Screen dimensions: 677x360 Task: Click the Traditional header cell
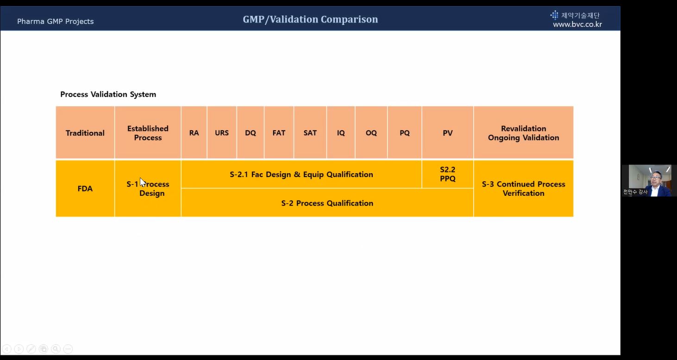pos(85,133)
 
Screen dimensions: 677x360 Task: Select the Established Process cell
pos(148,133)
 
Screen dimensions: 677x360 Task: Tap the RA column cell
pos(194,133)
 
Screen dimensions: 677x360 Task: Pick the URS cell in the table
pos(222,133)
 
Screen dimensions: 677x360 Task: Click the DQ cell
pos(250,133)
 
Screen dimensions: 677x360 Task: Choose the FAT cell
pos(279,133)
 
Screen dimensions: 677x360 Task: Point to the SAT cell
pos(310,133)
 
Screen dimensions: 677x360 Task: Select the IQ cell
pos(341,133)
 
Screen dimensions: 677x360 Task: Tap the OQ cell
pos(371,133)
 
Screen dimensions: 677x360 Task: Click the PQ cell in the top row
pos(405,133)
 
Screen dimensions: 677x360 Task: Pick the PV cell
pos(448,133)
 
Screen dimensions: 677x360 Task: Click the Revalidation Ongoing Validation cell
pos(523,133)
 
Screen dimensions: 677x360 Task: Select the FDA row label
pos(85,189)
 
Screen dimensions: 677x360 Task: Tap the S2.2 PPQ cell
pos(448,174)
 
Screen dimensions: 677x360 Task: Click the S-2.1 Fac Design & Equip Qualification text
pos(301,174)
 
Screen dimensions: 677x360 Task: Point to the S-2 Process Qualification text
pos(327,203)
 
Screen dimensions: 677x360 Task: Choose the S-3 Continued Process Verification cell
pos(523,189)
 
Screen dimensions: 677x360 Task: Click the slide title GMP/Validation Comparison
pos(310,19)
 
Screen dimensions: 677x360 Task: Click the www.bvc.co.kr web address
pos(577,24)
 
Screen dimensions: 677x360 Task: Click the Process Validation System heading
pos(108,94)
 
